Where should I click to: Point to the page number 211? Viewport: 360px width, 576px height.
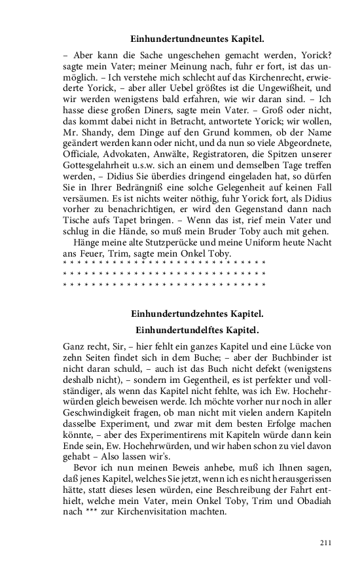pos(325,543)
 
